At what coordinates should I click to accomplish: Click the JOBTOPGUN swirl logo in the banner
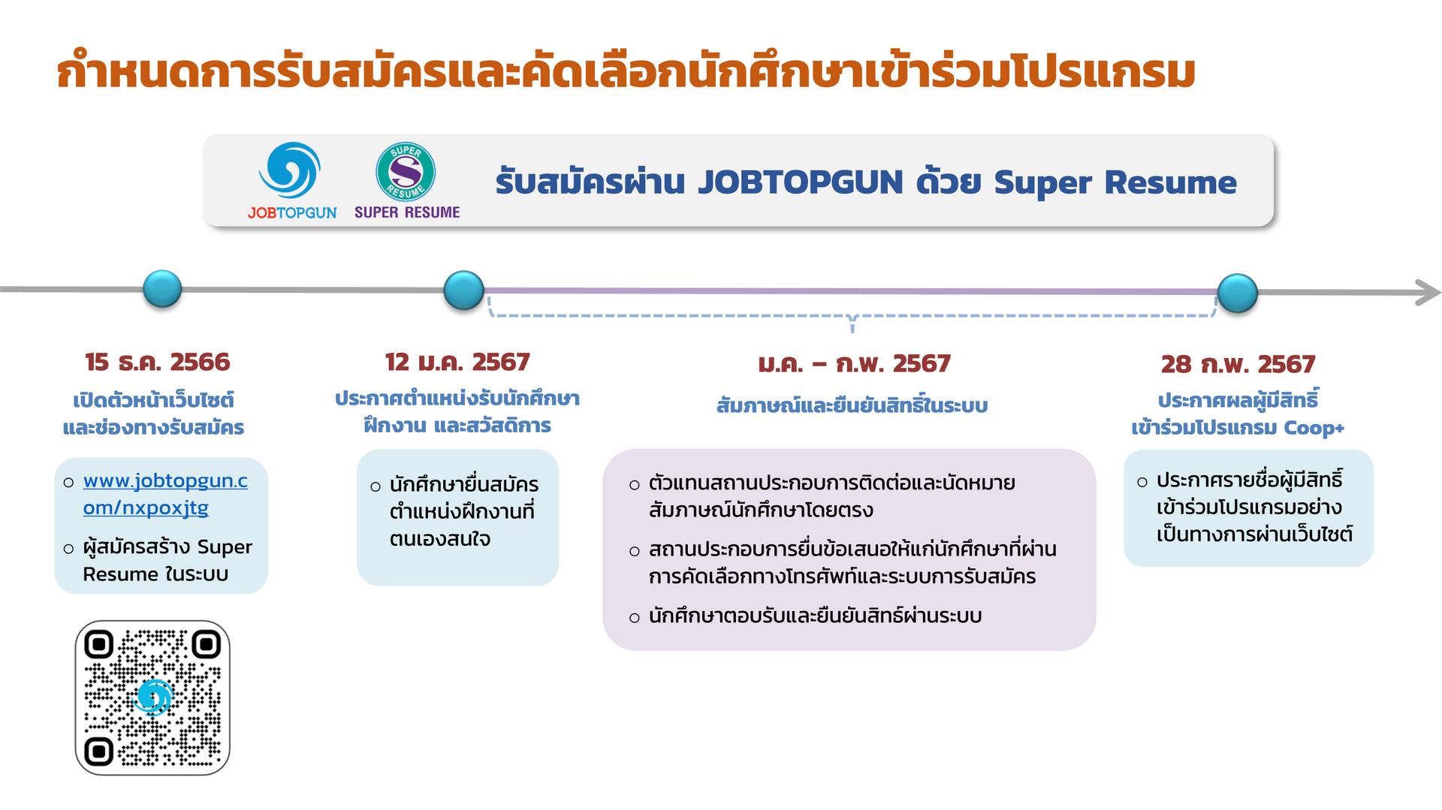pyautogui.click(x=290, y=170)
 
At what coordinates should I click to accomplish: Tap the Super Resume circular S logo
pyautogui.click(x=406, y=172)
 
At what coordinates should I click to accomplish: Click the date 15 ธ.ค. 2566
pyautogui.click(x=158, y=363)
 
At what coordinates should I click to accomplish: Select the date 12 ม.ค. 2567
pyautogui.click(x=457, y=363)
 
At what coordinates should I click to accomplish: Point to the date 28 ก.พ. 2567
pyautogui.click(x=1238, y=365)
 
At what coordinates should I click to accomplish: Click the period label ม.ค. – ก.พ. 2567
pyautogui.click(x=854, y=365)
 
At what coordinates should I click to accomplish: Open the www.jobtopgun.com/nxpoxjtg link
pyautogui.click(x=165, y=494)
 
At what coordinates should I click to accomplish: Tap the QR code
pyautogui.click(x=152, y=697)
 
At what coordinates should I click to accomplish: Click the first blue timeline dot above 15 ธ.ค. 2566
pyautogui.click(x=162, y=289)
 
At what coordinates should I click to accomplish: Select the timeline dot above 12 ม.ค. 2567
pyautogui.click(x=464, y=290)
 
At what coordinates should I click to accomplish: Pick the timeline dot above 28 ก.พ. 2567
pyautogui.click(x=1238, y=293)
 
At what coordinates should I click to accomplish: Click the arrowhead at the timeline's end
pyautogui.click(x=1428, y=293)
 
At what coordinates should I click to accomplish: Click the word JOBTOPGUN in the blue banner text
pyautogui.click(x=800, y=182)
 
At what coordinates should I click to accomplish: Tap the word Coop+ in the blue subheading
pyautogui.click(x=1314, y=428)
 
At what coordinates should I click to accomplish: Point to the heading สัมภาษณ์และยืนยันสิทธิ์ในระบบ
pyautogui.click(x=852, y=405)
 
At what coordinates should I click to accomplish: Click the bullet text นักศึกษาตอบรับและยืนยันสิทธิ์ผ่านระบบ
pyautogui.click(x=816, y=616)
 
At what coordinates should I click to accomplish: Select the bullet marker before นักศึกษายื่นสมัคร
pyautogui.click(x=376, y=487)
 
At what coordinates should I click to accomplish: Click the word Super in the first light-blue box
pyautogui.click(x=225, y=547)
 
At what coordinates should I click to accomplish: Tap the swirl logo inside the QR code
pyautogui.click(x=152, y=698)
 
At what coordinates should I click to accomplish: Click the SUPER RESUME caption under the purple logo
pyautogui.click(x=407, y=212)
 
